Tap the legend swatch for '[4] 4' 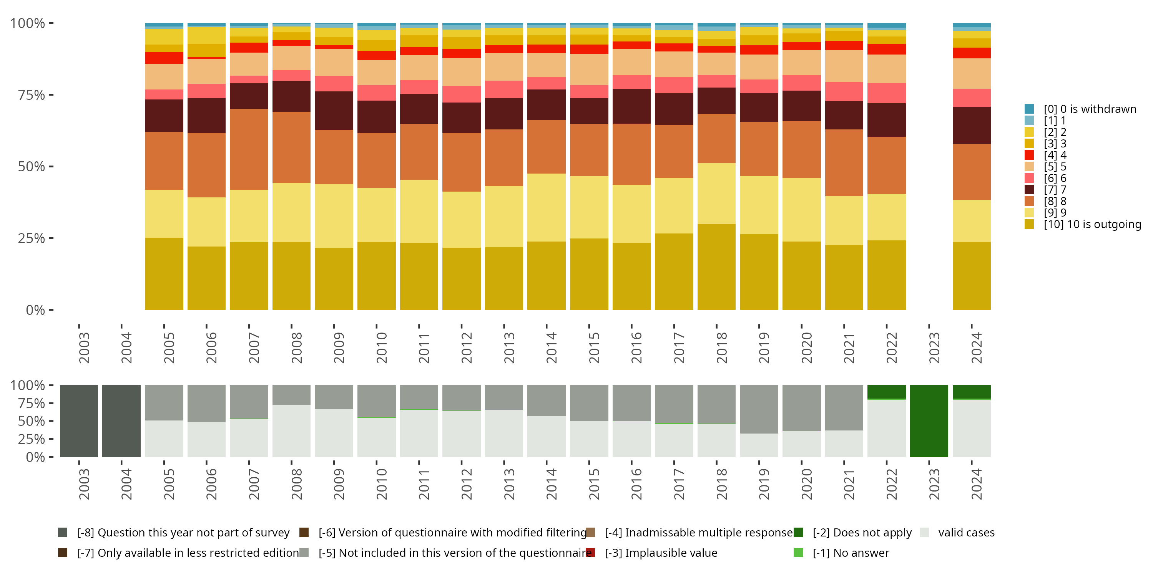1029,155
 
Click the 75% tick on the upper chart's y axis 32,95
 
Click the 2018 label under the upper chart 721,348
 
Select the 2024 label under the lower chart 976,484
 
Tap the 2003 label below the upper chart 84,348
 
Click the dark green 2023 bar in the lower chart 929,421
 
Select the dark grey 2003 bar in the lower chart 79,421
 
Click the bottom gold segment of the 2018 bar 716,267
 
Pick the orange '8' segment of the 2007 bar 249,149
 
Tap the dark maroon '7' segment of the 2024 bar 971,125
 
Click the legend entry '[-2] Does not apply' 862,533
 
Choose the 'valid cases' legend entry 966,533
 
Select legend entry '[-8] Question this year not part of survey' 183,533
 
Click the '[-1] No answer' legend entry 851,553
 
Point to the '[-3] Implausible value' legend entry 661,553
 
